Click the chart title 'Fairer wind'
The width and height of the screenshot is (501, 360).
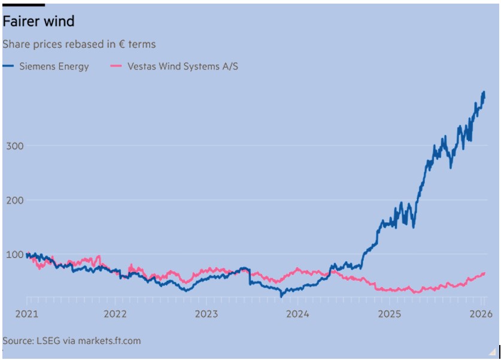tap(38, 22)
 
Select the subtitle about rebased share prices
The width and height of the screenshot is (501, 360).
tap(79, 44)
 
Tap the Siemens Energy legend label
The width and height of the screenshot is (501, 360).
tap(54, 66)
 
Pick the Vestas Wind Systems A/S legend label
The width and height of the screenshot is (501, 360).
tap(183, 66)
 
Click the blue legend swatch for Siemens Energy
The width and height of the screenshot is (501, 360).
tap(8, 66)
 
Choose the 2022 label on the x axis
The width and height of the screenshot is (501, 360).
tap(115, 314)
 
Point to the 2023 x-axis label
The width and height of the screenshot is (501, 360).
tap(207, 314)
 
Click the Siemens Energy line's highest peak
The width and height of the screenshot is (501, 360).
tap(484, 92)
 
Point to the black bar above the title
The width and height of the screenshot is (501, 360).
tap(23, 5)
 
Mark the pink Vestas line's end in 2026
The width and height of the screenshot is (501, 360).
tap(484, 273)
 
